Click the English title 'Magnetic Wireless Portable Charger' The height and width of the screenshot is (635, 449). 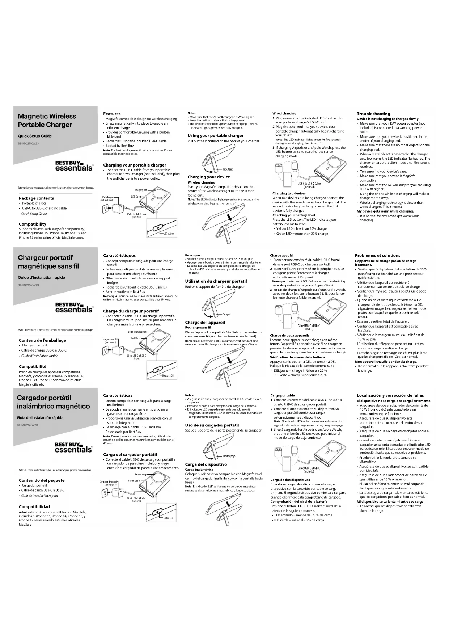pos(47,121)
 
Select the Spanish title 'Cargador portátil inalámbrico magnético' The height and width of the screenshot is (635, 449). pos(53,402)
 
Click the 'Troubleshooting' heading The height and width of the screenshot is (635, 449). pos(373,114)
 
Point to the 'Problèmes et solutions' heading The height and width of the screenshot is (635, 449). pos(377,255)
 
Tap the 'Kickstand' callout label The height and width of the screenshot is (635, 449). pos(228,169)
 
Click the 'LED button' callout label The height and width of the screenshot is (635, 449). pos(169,234)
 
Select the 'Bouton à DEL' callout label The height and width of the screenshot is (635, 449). pos(168,376)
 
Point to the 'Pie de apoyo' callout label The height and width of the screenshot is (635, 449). pos(229,456)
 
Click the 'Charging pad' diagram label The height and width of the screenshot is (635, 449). pos(141,190)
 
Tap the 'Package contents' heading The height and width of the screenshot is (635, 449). pos(36,198)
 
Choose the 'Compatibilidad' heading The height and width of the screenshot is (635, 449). pos(34,506)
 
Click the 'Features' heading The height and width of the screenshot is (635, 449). pos(112,114)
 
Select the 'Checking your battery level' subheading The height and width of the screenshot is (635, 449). pos(293,215)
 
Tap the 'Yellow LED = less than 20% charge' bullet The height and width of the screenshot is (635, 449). pos(301,228)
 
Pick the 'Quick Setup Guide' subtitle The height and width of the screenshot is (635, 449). pos(35,136)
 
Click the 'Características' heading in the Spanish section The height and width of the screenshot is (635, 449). pos(118,395)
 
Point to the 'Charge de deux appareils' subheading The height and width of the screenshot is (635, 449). pos(289,335)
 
